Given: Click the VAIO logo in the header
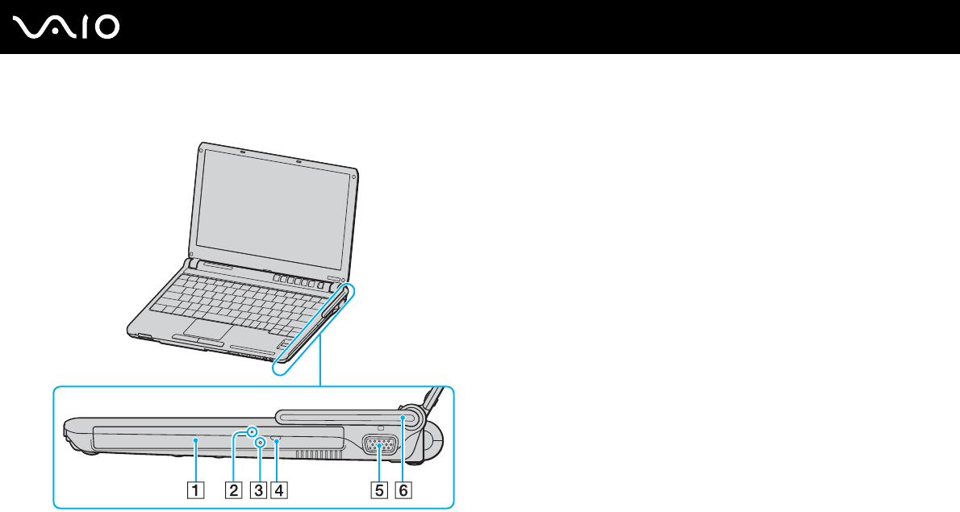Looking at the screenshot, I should (x=67, y=27).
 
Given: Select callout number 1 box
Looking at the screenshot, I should (x=196, y=489).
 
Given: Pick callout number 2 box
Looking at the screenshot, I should (x=234, y=489).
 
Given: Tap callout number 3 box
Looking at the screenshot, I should (x=258, y=489).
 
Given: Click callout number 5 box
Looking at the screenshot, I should (x=379, y=489).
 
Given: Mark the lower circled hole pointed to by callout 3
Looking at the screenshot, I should (x=260, y=443).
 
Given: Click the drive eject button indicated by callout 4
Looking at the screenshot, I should (x=277, y=440).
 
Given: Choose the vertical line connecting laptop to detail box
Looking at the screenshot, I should (x=321, y=363).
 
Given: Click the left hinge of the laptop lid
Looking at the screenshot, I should (x=191, y=264).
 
